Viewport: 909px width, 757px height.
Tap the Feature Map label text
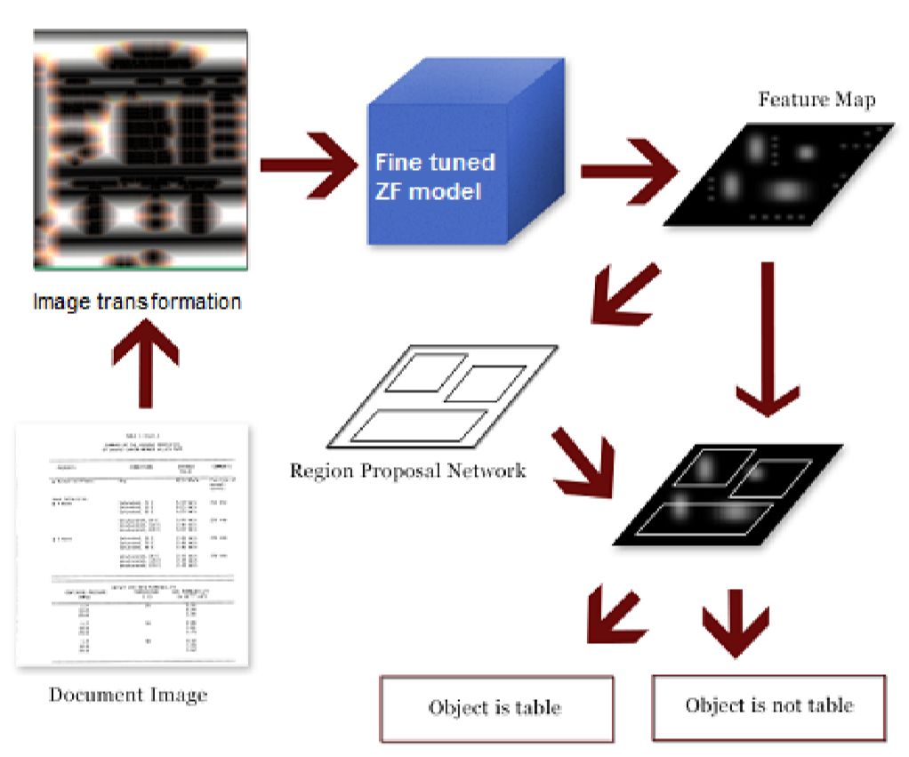pyautogui.click(x=816, y=99)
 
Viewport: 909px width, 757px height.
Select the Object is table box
pyautogui.click(x=496, y=708)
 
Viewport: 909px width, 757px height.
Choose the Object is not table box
pyautogui.click(x=768, y=706)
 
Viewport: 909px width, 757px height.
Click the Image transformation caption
pyautogui.click(x=137, y=302)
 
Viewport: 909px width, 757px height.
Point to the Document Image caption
pyautogui.click(x=128, y=694)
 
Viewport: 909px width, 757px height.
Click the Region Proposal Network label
pyautogui.click(x=407, y=470)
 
